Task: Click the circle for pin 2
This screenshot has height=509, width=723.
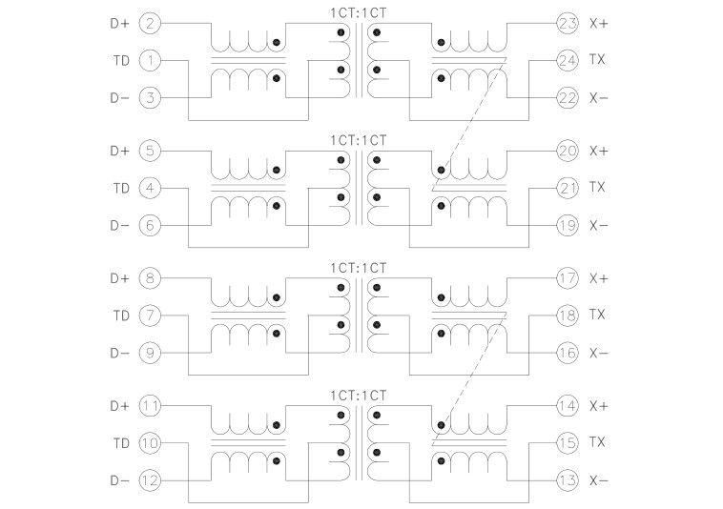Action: click(x=150, y=23)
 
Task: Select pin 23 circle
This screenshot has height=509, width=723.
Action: click(x=568, y=23)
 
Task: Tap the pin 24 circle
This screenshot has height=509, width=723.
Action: click(x=568, y=60)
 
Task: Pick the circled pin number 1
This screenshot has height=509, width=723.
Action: click(x=150, y=60)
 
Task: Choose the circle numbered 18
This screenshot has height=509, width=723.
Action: click(x=568, y=315)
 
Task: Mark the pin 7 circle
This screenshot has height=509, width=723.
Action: click(x=150, y=315)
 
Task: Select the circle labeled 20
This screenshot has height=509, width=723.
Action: click(x=568, y=151)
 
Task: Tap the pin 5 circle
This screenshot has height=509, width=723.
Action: click(x=150, y=151)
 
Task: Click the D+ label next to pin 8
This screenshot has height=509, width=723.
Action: click(x=119, y=278)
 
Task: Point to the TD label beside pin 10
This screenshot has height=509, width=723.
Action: click(x=120, y=443)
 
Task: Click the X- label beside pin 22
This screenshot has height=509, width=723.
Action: click(x=599, y=98)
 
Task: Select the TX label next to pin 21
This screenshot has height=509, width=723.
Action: click(x=598, y=188)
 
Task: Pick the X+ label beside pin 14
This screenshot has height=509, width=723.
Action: click(x=599, y=406)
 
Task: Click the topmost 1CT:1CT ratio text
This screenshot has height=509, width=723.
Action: click(x=359, y=11)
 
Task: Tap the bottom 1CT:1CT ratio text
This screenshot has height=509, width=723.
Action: click(x=359, y=395)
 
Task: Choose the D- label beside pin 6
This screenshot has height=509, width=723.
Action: click(x=119, y=226)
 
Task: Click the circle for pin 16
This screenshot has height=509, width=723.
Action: click(x=568, y=353)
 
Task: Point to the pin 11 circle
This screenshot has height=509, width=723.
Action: click(x=150, y=406)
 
